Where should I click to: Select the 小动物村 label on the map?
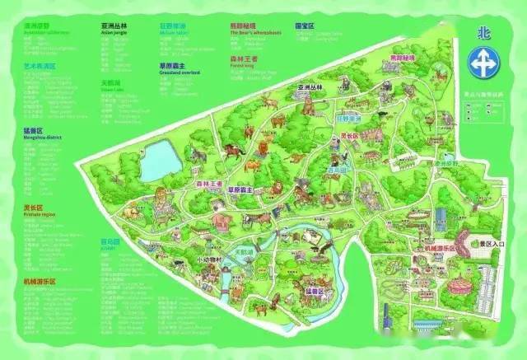pos(210,259)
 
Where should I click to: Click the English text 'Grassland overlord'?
pos(180,72)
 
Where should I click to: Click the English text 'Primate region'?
pos(39,214)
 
